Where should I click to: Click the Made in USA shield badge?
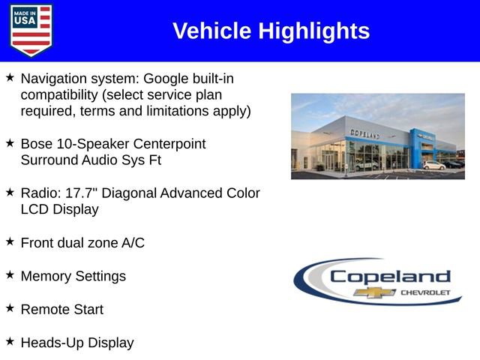31,30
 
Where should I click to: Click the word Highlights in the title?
314,31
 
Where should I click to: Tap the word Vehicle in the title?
212,31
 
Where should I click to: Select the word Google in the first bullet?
167,78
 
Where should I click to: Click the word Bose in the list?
36,143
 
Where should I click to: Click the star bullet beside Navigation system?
10,77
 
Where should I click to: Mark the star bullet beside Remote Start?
10,308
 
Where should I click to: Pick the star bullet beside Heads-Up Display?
10,341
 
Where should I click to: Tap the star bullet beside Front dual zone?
10,241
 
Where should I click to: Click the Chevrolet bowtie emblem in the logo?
375,292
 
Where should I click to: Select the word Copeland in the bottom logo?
390,277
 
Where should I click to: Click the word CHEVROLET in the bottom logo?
426,292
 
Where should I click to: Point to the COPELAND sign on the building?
364,133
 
